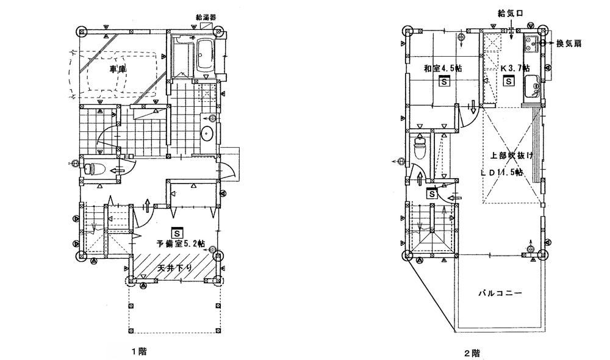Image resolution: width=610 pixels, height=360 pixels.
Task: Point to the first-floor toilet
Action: tap(98, 168)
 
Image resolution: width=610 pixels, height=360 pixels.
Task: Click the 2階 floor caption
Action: tap(472, 352)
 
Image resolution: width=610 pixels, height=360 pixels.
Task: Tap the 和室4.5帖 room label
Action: tap(442, 68)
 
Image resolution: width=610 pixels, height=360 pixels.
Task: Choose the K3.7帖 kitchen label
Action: tap(515, 68)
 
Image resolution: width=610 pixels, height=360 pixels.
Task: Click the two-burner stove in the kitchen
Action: tap(529, 43)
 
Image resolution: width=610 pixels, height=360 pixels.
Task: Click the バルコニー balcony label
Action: tap(500, 293)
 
